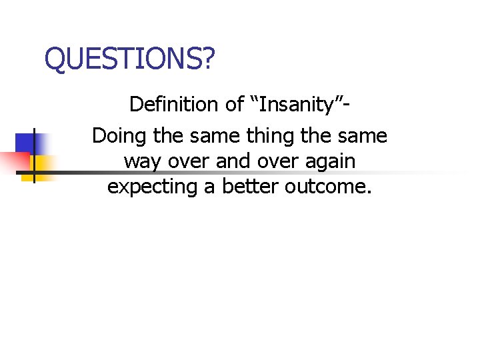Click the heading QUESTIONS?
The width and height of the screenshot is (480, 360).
(130, 59)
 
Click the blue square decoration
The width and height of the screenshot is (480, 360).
(26, 143)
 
